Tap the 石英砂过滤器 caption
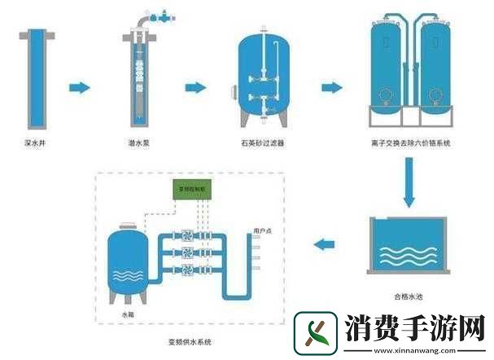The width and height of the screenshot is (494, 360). click(261, 143)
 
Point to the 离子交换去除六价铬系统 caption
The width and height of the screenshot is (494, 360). click(411, 143)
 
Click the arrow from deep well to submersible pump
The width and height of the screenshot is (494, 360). click(78, 86)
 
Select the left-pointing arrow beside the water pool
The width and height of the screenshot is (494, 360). click(326, 242)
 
